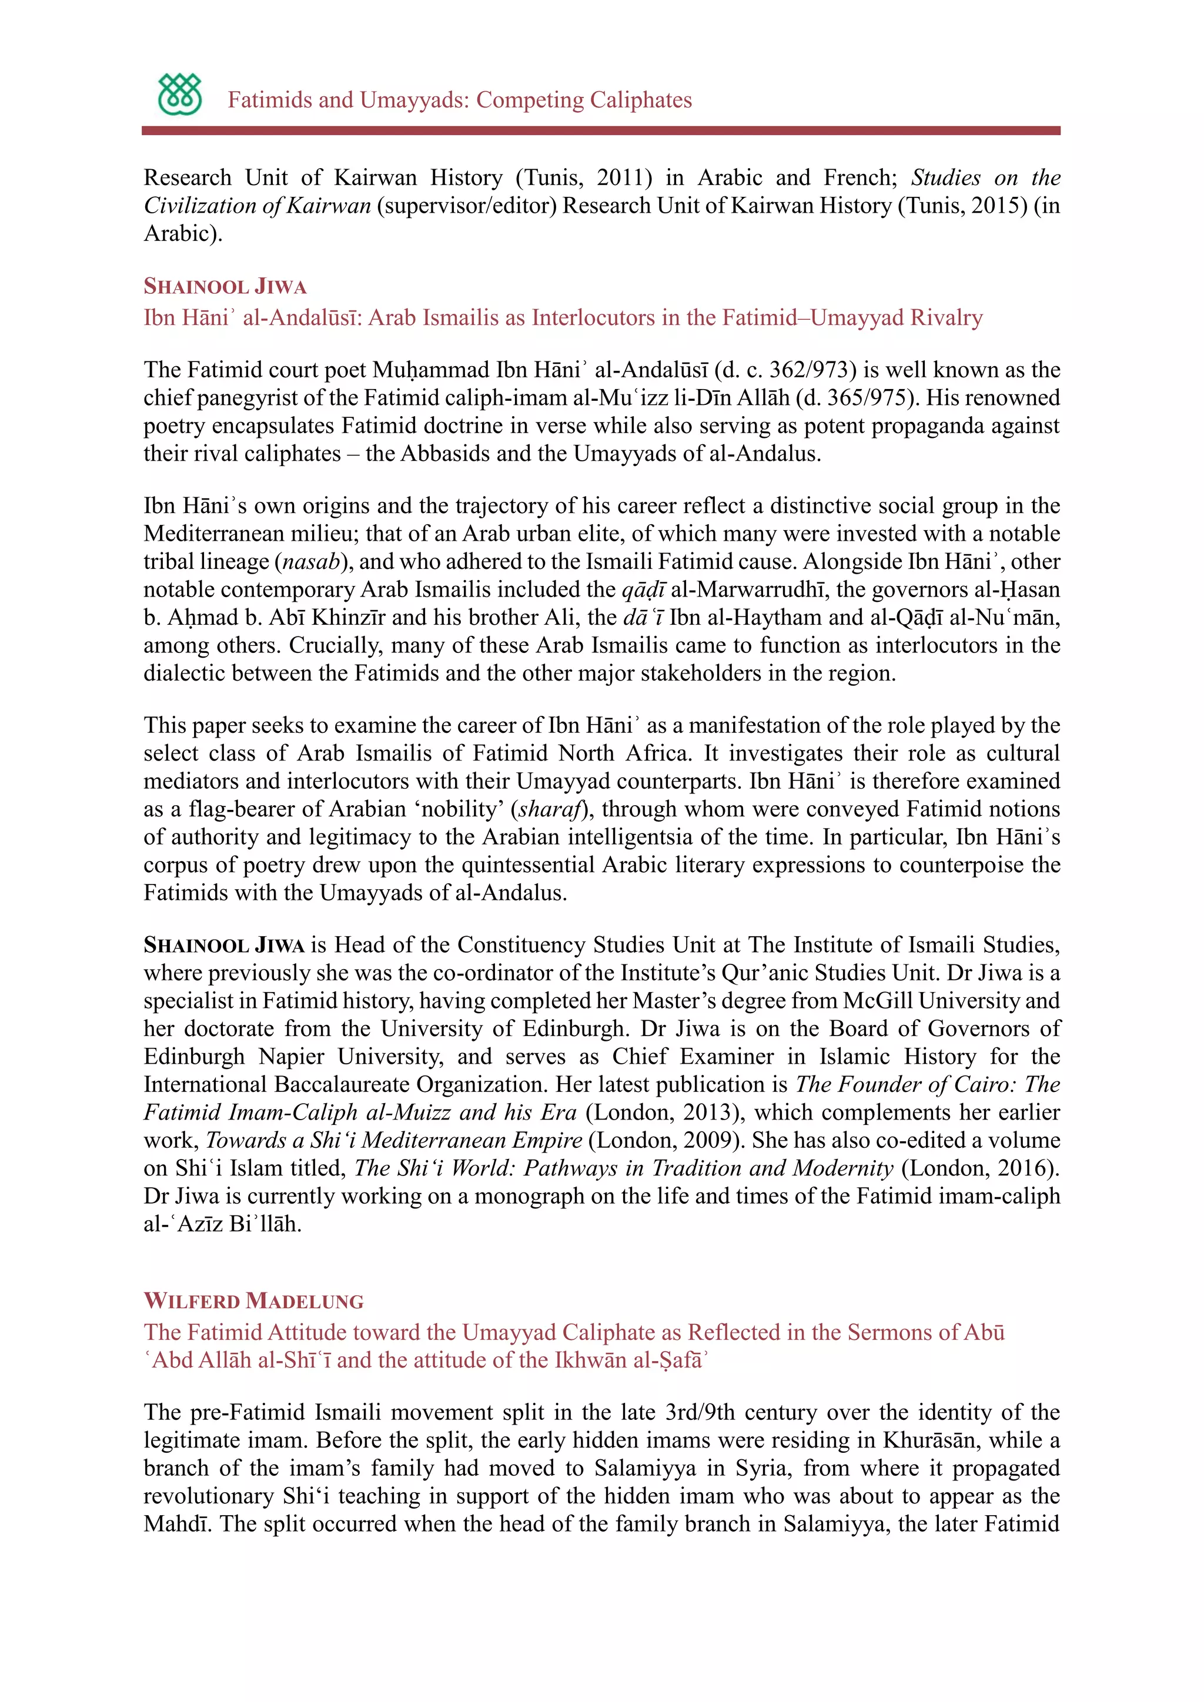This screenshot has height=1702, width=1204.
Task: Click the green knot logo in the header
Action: point(179,94)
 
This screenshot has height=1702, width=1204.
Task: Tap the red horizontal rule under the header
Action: point(600,130)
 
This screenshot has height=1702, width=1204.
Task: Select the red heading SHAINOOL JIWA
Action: point(225,286)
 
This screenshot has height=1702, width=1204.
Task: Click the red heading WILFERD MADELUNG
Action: point(253,1301)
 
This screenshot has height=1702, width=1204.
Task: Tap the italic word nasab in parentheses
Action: point(312,561)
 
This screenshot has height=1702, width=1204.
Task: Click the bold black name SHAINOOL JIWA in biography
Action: point(224,945)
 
